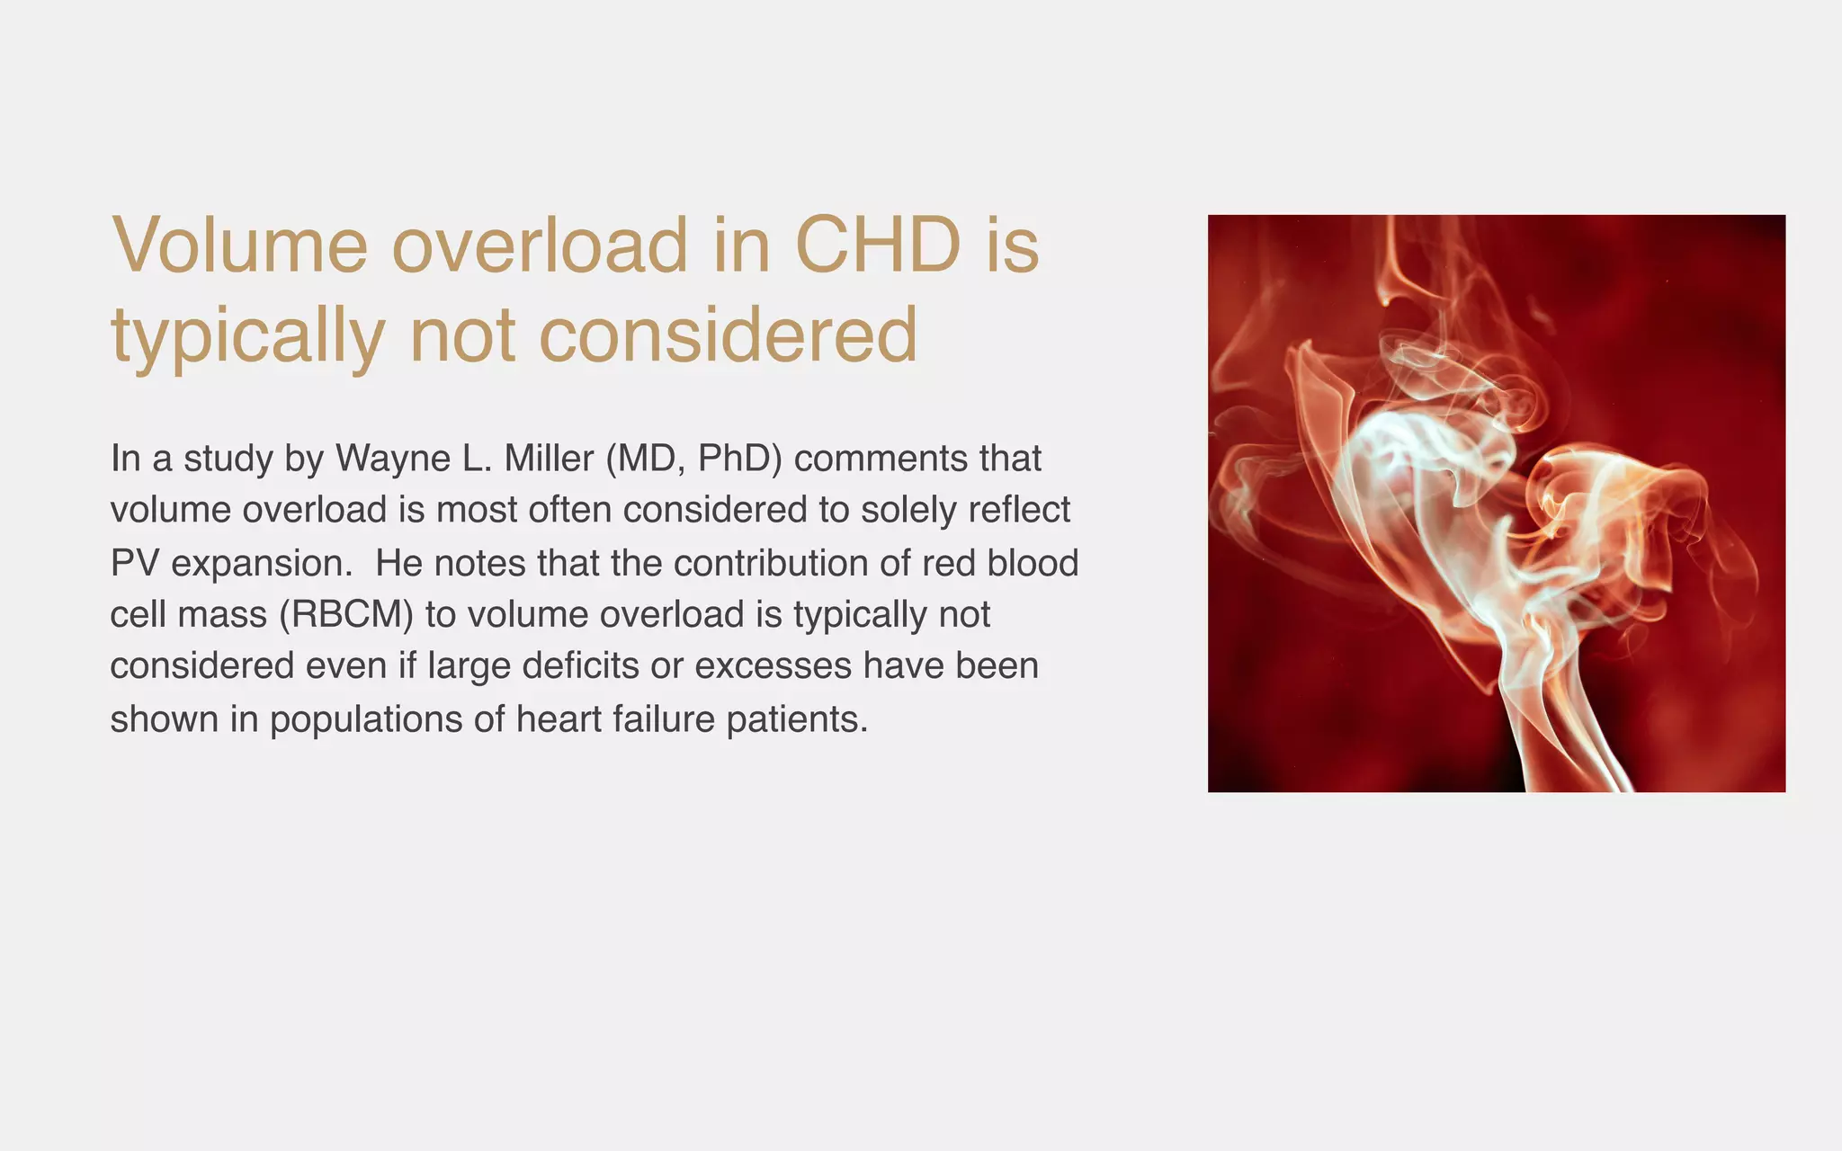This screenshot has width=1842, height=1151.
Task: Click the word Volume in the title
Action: [x=239, y=245]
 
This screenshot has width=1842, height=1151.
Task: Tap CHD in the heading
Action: [x=878, y=245]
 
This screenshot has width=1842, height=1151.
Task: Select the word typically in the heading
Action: [x=248, y=336]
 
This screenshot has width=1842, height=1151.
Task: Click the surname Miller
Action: [x=548, y=459]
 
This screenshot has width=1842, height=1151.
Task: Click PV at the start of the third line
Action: [x=134, y=563]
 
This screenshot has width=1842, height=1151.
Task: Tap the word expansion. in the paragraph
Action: [x=262, y=563]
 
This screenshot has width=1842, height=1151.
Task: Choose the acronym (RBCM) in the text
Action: [x=345, y=615]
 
